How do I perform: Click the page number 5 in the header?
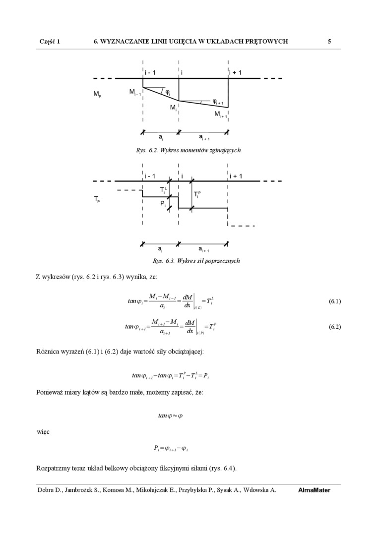pos(329,42)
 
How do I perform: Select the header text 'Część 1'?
pos(50,42)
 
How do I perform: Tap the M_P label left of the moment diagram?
pos(97,94)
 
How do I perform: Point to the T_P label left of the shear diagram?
pos(97,199)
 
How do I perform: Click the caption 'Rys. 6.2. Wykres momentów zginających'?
pos(188,150)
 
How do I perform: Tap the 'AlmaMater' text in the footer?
pos(314,490)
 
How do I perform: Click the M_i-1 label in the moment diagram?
pos(135,92)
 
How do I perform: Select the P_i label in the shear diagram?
pos(163,204)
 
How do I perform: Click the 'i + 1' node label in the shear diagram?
pos(236,176)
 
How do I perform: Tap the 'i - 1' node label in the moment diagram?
pos(150,73)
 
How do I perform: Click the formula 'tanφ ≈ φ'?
pos(170,415)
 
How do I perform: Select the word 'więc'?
pos(43,431)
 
